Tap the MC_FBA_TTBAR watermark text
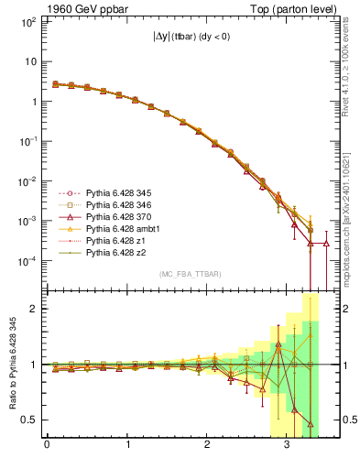click(x=186, y=274)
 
